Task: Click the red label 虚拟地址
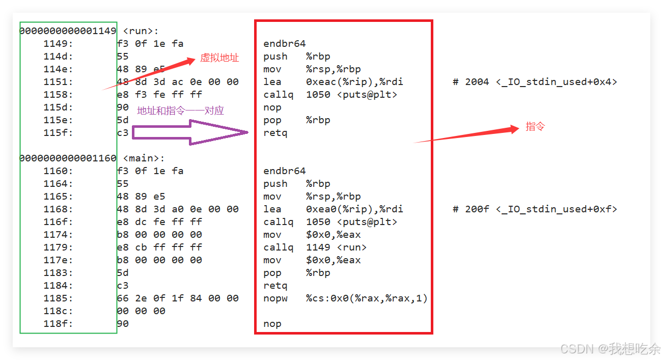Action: pos(219,58)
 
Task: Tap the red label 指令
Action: pos(535,127)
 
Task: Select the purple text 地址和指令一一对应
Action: pos(180,110)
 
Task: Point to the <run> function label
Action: pos(141,31)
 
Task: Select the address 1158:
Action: pos(58,95)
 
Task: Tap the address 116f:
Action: pos(58,222)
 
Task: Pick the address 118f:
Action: pos(58,324)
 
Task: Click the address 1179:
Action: pos(58,247)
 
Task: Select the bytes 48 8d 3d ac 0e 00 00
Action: pos(178,82)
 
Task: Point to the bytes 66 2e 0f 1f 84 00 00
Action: pos(178,298)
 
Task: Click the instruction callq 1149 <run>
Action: pos(315,247)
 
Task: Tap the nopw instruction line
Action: pos(345,298)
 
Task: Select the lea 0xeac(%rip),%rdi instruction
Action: pos(333,82)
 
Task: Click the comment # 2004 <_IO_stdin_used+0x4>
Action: pos(535,82)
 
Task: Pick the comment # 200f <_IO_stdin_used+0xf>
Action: pos(535,209)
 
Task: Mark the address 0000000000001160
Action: pos(68,158)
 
